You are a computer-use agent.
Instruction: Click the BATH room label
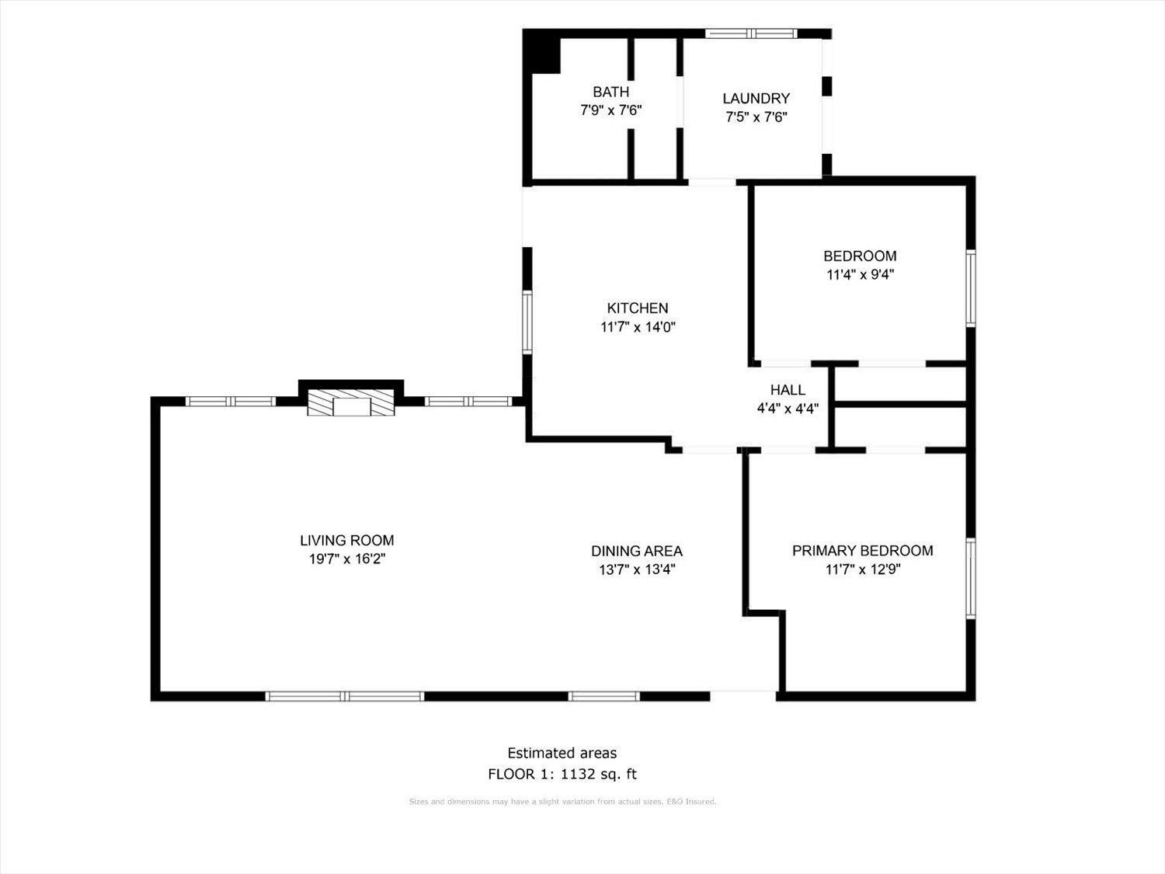pyautogui.click(x=610, y=92)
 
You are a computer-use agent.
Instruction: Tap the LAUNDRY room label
pyautogui.click(x=756, y=98)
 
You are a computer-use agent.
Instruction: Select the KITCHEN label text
pyautogui.click(x=637, y=308)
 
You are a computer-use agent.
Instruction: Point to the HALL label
pyautogui.click(x=788, y=390)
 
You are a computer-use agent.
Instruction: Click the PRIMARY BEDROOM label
pyautogui.click(x=862, y=551)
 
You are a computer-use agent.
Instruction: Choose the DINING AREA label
pyautogui.click(x=636, y=551)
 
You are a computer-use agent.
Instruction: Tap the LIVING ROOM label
pyautogui.click(x=346, y=541)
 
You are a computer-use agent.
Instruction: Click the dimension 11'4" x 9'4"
pyautogui.click(x=860, y=274)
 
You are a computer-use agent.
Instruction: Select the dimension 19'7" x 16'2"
pyautogui.click(x=346, y=559)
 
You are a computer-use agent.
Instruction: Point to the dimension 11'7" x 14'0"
pyautogui.click(x=638, y=327)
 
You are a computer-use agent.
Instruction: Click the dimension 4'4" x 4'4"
pyautogui.click(x=788, y=409)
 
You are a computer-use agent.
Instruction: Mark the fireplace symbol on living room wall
pyautogui.click(x=351, y=403)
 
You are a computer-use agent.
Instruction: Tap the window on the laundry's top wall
pyautogui.click(x=750, y=33)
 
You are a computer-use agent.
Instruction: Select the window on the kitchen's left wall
pyautogui.click(x=527, y=322)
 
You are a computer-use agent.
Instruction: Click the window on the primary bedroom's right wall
pyautogui.click(x=971, y=577)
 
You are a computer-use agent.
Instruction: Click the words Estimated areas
pyautogui.click(x=562, y=753)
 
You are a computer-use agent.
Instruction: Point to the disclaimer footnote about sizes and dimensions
pyautogui.click(x=562, y=802)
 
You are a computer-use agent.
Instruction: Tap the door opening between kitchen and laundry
pyautogui.click(x=711, y=183)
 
